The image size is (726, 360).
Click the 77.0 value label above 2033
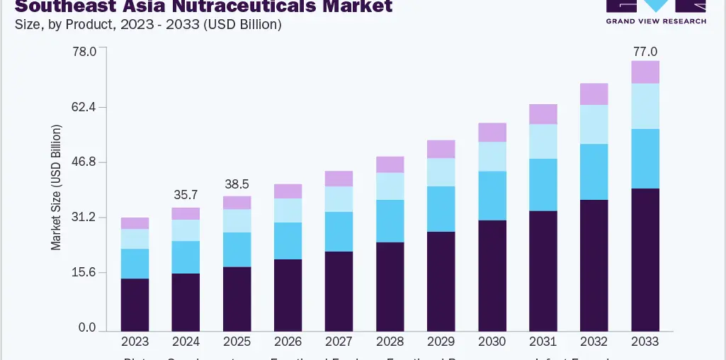tap(645, 52)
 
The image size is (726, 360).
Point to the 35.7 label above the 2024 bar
tap(186, 195)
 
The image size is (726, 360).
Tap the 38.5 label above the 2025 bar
tap(237, 183)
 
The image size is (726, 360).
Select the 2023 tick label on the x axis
tap(135, 342)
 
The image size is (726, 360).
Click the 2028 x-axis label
tap(390, 342)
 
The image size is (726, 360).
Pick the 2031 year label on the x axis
tap(543, 342)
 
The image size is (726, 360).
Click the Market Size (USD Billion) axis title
tap(57, 187)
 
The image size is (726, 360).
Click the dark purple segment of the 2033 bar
tap(645, 259)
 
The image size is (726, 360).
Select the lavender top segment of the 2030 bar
tap(492, 133)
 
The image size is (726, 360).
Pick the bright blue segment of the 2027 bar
tap(339, 232)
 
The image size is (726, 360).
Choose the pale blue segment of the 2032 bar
tap(594, 125)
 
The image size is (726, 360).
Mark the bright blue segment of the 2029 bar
tap(441, 209)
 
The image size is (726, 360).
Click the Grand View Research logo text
tap(656, 21)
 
